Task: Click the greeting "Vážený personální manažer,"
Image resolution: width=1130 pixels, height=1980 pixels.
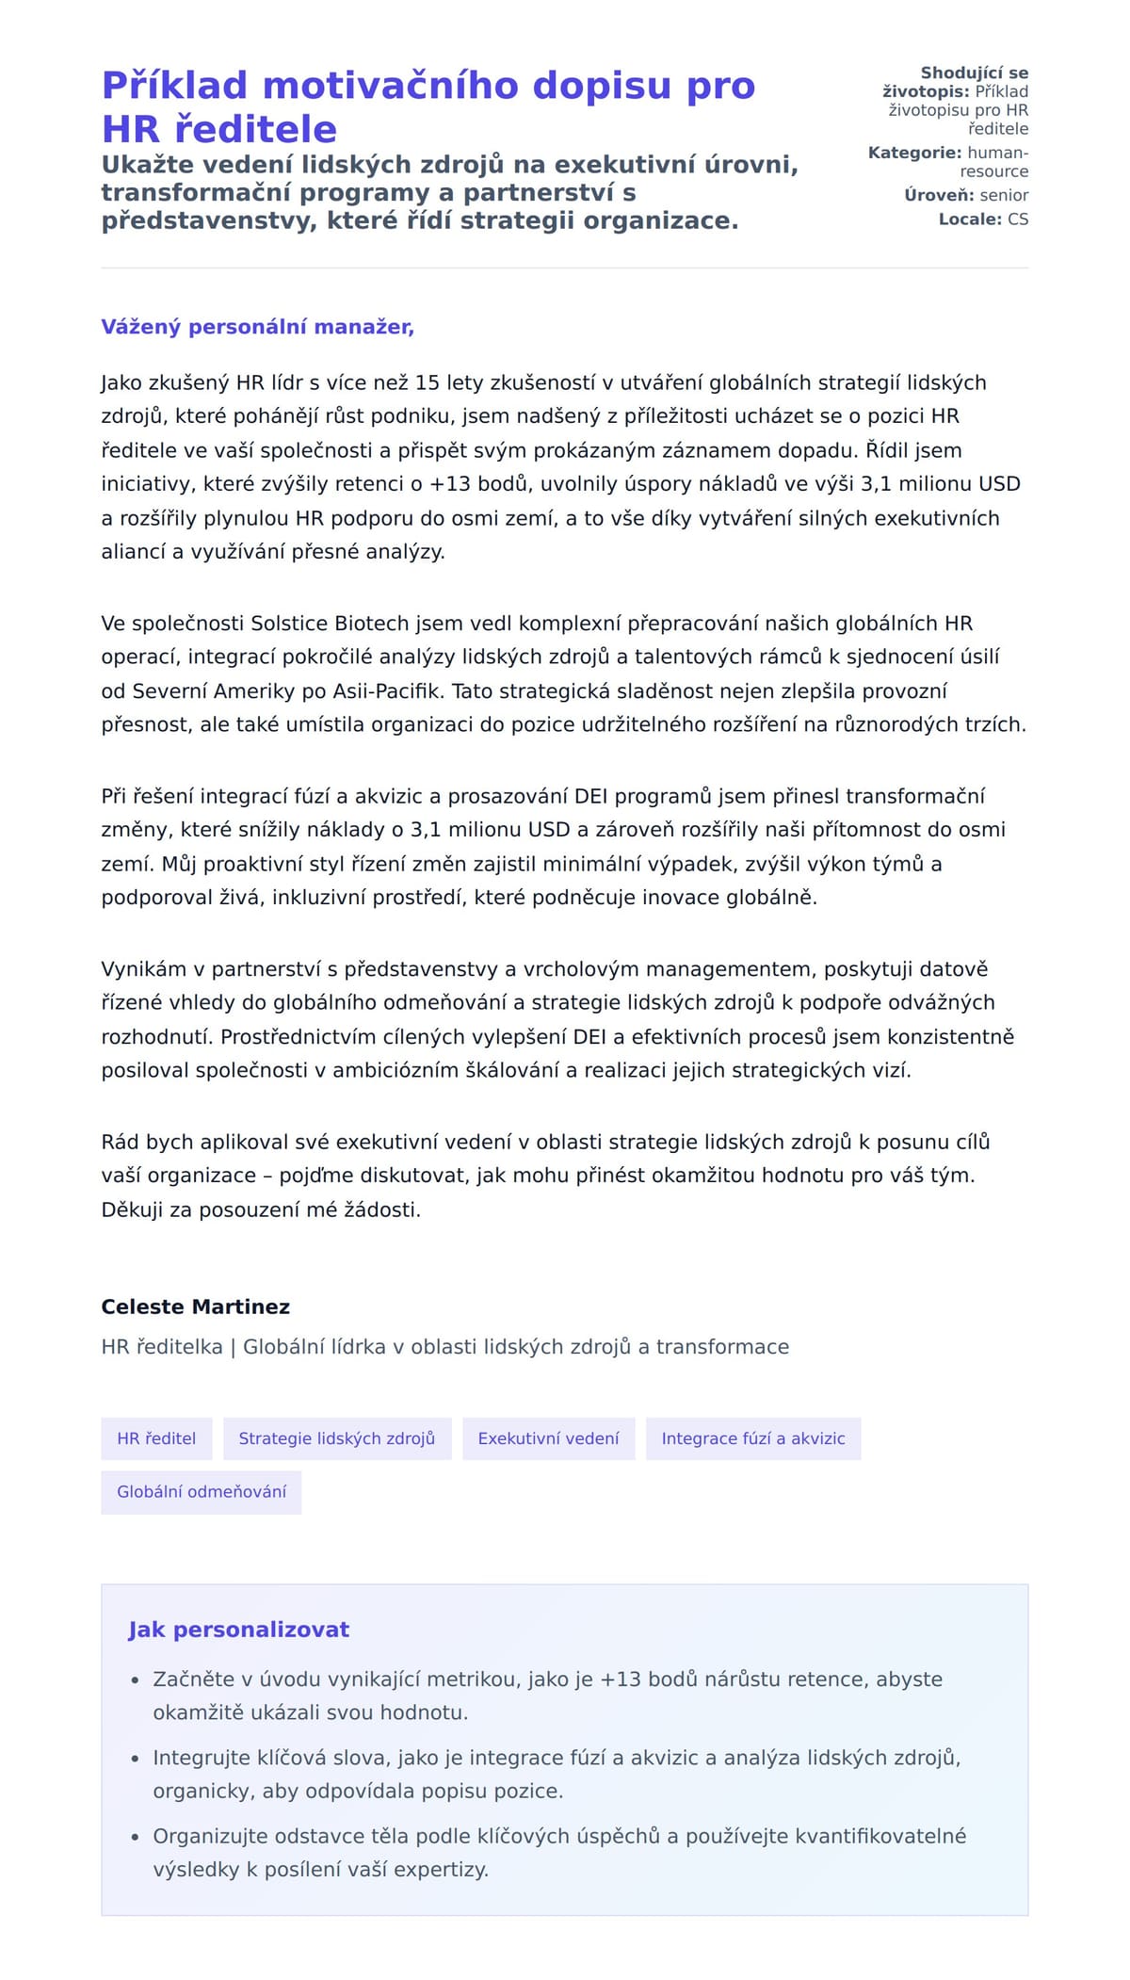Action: (x=257, y=327)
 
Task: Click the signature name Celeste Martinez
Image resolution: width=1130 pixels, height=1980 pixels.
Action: (x=195, y=1306)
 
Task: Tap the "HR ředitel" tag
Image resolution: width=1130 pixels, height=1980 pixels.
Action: (x=156, y=1438)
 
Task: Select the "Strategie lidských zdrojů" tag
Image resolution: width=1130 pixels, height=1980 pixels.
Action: (x=337, y=1438)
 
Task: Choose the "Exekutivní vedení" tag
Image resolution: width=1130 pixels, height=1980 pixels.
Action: (x=548, y=1438)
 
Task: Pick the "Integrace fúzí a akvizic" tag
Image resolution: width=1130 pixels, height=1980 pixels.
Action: (x=752, y=1438)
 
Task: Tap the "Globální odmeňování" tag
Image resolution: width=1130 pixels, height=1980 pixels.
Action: (x=202, y=1491)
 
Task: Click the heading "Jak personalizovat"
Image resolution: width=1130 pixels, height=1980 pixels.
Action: (x=238, y=1630)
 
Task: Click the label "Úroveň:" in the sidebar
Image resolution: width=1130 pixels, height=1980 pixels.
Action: (x=939, y=195)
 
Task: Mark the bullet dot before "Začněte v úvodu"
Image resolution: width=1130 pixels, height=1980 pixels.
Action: (x=135, y=1680)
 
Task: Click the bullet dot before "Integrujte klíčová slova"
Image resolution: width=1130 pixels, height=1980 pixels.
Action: (x=135, y=1759)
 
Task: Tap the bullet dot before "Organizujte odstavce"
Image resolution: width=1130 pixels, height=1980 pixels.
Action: (x=135, y=1837)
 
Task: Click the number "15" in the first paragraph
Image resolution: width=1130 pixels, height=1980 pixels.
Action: (x=428, y=382)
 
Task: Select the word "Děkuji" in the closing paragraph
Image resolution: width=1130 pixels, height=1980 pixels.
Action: (x=132, y=1209)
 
